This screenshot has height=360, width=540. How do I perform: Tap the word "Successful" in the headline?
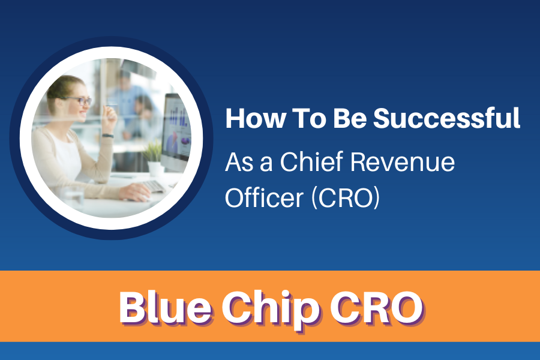point(446,118)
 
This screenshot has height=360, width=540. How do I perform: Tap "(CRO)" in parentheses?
point(346,197)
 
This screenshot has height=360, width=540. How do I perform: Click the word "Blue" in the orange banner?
point(166,307)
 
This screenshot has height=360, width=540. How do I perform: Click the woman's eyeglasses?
point(80,101)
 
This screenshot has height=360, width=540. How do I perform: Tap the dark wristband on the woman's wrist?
point(108,136)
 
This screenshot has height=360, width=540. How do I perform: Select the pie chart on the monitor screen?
point(185,141)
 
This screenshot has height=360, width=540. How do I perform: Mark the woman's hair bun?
point(52,92)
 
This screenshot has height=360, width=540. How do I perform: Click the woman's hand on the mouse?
point(136,191)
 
